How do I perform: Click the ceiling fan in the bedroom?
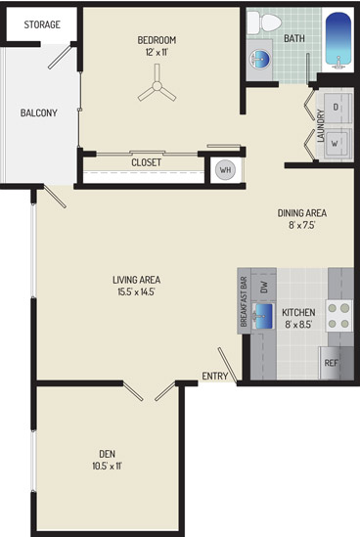[x=157, y=86]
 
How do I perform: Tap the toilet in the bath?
[x=264, y=22]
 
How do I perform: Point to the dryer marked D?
[x=336, y=107]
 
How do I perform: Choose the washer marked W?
[x=336, y=144]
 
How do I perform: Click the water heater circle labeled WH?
[x=225, y=169]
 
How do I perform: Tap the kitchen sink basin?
[x=263, y=316]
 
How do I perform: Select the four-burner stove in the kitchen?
[x=339, y=316]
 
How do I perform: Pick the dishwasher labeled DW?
[x=264, y=286]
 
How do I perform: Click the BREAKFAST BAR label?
[x=245, y=301]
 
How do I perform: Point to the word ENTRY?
[x=215, y=376]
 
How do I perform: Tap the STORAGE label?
[x=42, y=24]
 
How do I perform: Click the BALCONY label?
[x=39, y=112]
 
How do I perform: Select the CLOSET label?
[x=147, y=162]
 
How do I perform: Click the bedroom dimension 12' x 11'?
[x=157, y=53]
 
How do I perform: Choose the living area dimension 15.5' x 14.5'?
[x=137, y=292]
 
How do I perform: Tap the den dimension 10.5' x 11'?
[x=108, y=467]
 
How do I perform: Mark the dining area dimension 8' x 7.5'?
[x=301, y=225]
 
